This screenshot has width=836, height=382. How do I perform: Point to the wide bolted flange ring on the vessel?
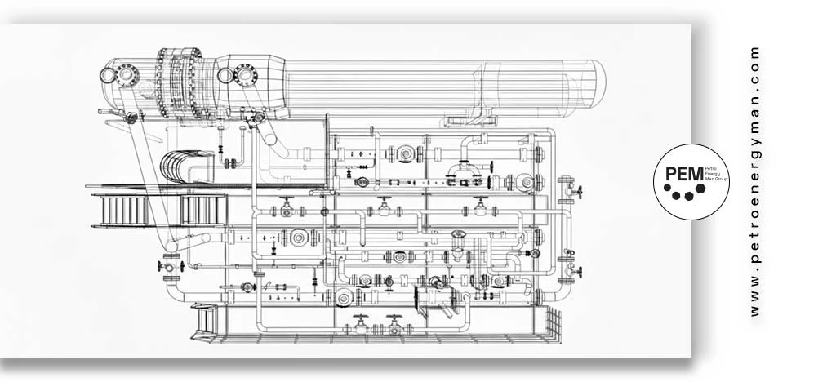click(180, 82)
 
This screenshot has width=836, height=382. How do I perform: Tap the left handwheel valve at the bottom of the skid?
click(360, 324)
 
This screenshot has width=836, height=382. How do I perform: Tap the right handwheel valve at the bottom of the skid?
click(394, 324)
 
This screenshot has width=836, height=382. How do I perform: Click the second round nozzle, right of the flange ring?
click(244, 75)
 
